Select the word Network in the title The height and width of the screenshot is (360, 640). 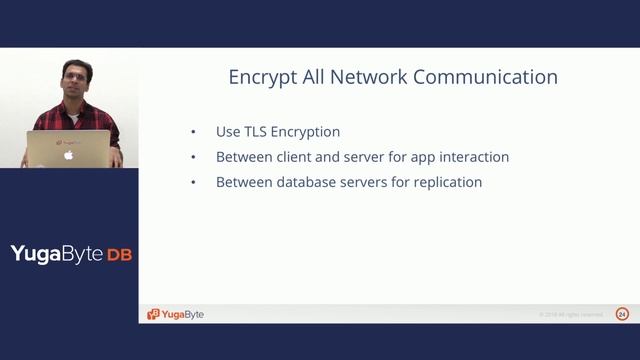(366, 77)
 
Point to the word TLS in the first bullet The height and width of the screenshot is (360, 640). (258, 132)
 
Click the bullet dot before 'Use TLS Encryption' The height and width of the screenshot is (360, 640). (193, 132)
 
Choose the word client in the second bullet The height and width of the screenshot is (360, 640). (293, 157)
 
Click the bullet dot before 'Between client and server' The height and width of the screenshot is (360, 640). (193, 157)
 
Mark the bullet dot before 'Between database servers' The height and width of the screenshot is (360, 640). (193, 182)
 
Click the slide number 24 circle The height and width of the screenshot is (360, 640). (622, 314)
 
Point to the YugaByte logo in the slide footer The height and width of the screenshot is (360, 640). (176, 314)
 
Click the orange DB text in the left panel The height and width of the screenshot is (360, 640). (120, 254)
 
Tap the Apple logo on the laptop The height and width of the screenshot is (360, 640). (69, 155)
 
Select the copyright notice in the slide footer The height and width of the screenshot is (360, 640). (571, 315)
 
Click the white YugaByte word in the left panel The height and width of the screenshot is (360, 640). (57, 254)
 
